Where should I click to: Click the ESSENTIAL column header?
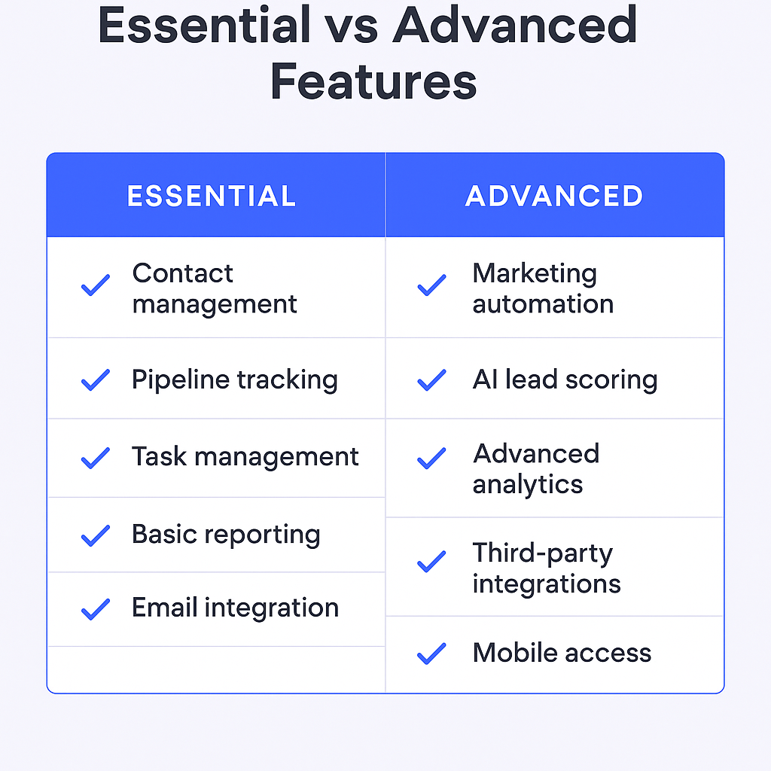[212, 197]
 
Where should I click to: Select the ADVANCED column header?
[554, 197]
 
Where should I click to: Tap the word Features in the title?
[373, 81]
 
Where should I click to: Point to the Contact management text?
[215, 288]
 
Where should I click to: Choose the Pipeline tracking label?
[235, 380]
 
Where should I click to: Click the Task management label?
[245, 457]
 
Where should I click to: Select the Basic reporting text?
[226, 535]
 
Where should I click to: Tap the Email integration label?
[235, 608]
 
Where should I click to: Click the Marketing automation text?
[543, 288]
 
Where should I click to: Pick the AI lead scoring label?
[565, 380]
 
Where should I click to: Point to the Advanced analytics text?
[536, 468]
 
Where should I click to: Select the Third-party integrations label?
[547, 568]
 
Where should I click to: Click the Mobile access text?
[562, 653]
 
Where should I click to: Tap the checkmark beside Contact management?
[96, 285]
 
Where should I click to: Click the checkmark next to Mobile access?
[431, 654]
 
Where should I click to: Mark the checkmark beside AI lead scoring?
[431, 380]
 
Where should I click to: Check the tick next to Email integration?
[96, 609]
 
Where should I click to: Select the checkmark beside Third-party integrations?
[431, 562]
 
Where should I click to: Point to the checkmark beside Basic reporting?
[96, 536]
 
